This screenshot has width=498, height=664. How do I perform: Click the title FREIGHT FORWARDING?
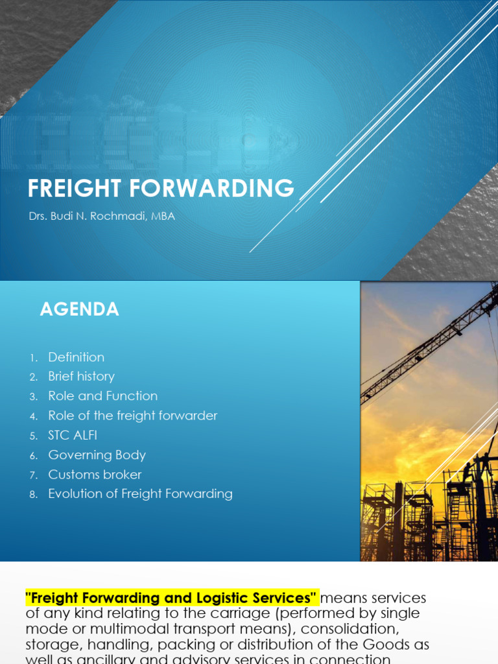(160, 188)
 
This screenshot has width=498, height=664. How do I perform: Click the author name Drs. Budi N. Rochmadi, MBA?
(101, 217)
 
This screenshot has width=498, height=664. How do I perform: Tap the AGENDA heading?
(79, 310)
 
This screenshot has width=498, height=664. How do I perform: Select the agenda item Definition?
(76, 357)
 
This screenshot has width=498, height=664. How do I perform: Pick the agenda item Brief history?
(81, 377)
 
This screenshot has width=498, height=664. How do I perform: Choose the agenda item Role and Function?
(102, 396)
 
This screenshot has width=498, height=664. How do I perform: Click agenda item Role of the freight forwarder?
(132, 416)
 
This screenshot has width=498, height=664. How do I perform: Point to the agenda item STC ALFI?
(73, 435)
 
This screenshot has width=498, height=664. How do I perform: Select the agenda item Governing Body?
(97, 455)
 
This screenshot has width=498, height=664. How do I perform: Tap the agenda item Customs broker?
(95, 475)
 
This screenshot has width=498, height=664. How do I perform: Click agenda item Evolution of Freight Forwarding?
(140, 494)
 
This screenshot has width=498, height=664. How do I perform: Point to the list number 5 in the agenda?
(34, 436)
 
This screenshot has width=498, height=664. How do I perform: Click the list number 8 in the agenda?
(34, 495)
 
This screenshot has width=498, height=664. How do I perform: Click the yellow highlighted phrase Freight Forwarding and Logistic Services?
(172, 598)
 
